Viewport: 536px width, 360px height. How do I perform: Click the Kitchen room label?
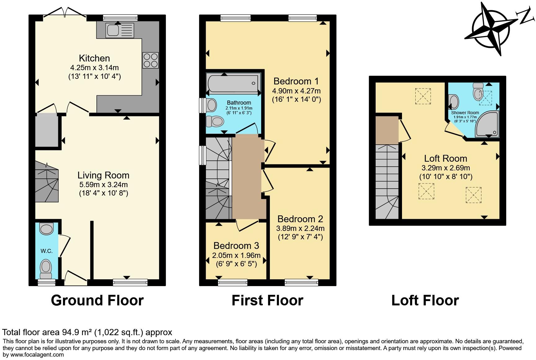94,58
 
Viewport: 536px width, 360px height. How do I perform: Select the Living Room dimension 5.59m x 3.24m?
103,184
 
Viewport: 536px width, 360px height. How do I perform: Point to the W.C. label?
46,251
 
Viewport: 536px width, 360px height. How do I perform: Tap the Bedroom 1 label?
296,81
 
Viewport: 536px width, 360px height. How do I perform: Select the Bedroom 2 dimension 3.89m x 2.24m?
300,228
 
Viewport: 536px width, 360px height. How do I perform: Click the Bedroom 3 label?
236,246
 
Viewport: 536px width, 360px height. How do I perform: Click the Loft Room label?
445,159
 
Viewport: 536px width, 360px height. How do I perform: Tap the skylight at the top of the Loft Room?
423,96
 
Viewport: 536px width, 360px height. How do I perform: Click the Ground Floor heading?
97,300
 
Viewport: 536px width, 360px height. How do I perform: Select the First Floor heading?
267,300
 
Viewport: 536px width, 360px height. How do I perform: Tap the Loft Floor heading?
425,300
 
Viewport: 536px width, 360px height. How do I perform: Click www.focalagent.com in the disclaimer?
37,355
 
